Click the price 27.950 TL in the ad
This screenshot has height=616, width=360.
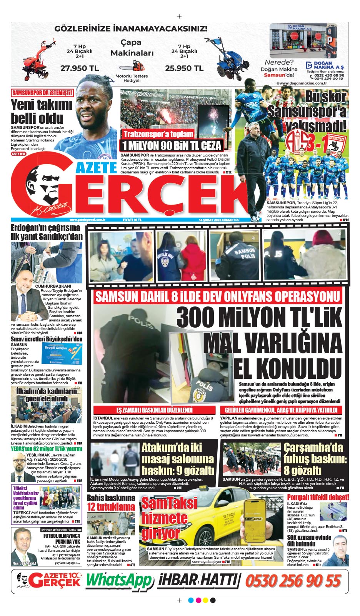(x=80, y=68)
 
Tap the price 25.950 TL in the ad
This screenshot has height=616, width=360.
(x=184, y=68)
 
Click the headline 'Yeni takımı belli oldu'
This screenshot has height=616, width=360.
(x=42, y=111)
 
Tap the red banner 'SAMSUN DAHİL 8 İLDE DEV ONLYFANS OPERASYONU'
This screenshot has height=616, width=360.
(x=218, y=296)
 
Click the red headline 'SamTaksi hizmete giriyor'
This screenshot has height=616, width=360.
(x=169, y=518)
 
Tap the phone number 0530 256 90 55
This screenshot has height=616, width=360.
(x=293, y=581)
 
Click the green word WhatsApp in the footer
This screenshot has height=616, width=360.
(x=119, y=580)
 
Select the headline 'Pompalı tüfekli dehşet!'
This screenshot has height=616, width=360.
(x=318, y=497)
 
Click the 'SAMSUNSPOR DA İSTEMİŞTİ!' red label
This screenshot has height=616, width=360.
(x=42, y=93)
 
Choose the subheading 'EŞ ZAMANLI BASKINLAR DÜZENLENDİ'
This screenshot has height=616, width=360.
(x=154, y=410)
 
